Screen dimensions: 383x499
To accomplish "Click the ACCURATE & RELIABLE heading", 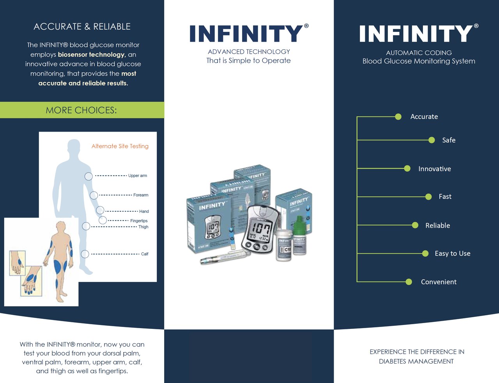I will coord(82,26).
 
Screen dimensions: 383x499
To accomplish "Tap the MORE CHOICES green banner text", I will coord(81,110).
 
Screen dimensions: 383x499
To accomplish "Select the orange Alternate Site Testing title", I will coord(120,146).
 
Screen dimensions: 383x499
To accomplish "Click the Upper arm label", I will coord(138,176).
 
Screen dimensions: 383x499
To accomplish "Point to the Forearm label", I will coord(141,195).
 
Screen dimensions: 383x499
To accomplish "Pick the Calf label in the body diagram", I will coord(145,254).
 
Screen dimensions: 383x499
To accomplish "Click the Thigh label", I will coord(143,227).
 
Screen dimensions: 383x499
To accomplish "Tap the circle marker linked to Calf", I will coord(85,254).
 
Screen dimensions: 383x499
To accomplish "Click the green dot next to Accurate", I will coord(398,117).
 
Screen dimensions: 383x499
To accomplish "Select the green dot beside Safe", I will coord(432,140).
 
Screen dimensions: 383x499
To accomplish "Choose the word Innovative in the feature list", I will coord(434,169).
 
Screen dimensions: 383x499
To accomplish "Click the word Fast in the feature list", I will coord(445,197).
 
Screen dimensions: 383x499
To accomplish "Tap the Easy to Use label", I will coord(452,253).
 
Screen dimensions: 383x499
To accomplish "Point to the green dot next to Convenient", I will coord(409,282).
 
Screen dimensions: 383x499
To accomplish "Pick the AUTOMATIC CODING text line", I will coord(419,53).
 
